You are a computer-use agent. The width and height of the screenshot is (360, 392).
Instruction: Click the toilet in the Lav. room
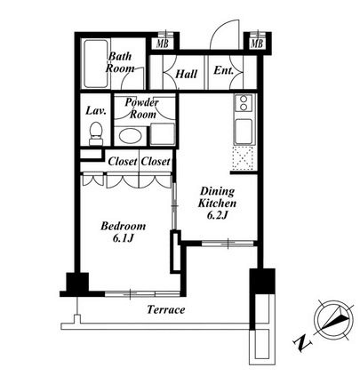(x=96, y=134)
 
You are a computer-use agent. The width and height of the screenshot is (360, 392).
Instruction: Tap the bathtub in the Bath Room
(x=95, y=64)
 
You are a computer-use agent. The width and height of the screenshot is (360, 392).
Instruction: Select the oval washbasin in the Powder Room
(x=130, y=136)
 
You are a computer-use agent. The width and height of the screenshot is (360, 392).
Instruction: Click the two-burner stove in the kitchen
(x=244, y=103)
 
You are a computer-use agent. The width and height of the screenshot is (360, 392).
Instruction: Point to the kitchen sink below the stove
(x=244, y=132)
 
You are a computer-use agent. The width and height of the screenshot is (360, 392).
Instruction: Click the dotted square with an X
(x=243, y=158)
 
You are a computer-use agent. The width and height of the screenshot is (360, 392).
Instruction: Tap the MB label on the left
(x=163, y=44)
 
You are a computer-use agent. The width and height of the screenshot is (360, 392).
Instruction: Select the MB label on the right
(x=257, y=44)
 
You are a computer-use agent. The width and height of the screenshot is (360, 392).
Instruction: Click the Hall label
(x=186, y=74)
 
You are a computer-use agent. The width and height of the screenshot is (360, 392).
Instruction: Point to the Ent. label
(x=224, y=70)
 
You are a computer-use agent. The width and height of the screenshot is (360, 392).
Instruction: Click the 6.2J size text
(x=217, y=215)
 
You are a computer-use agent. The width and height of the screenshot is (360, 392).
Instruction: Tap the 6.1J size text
(x=124, y=238)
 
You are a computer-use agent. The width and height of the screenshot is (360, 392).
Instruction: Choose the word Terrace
(x=166, y=310)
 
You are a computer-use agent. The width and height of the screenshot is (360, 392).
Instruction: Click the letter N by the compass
(x=302, y=343)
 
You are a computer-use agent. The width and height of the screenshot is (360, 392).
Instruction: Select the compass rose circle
(x=333, y=320)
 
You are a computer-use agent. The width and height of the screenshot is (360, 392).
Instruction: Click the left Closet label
(x=123, y=162)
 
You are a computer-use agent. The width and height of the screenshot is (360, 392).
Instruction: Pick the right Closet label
(x=156, y=162)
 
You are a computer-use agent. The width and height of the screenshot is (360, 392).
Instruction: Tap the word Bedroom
(x=124, y=226)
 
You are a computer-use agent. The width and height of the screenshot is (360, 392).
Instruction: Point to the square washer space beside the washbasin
(x=163, y=134)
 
